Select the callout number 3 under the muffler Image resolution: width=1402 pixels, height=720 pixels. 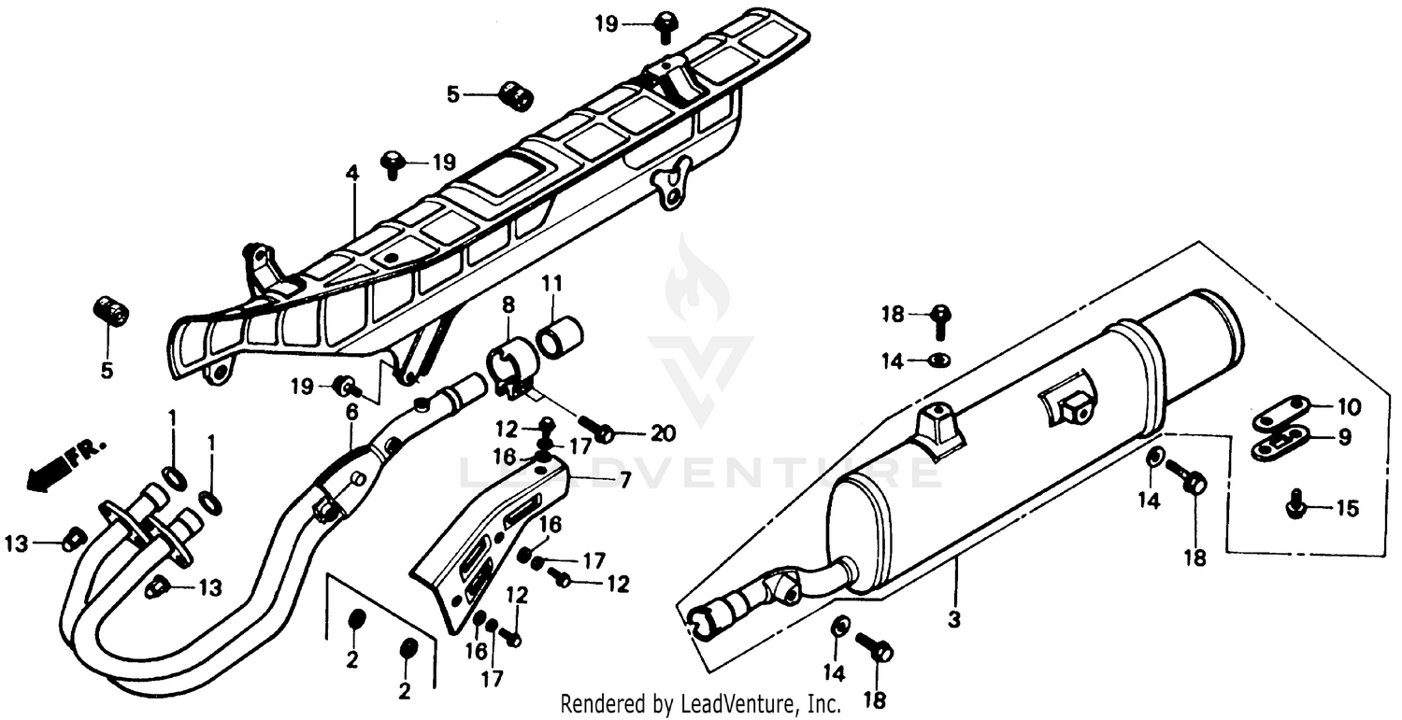(954, 620)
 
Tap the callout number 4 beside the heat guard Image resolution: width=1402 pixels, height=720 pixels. (351, 173)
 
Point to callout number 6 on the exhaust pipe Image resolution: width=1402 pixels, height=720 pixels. (351, 412)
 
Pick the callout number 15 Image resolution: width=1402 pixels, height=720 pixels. (1347, 509)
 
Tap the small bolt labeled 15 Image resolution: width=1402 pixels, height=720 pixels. (1295, 505)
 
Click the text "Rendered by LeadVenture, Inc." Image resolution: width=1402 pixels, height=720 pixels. (700, 703)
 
